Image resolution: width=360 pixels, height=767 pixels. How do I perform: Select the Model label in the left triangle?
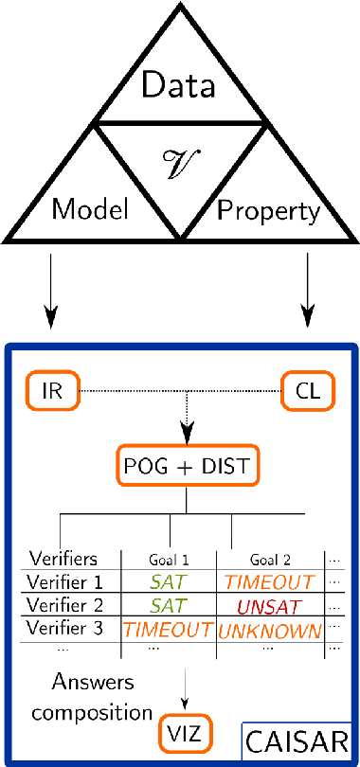[90, 209]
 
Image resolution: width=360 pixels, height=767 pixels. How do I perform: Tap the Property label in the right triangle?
[269, 209]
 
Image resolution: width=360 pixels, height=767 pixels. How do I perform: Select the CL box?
[307, 390]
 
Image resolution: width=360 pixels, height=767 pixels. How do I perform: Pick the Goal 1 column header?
[170, 559]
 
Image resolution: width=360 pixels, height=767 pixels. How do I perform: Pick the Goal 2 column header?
[271, 559]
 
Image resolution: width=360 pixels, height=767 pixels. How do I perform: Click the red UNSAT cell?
[271, 604]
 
